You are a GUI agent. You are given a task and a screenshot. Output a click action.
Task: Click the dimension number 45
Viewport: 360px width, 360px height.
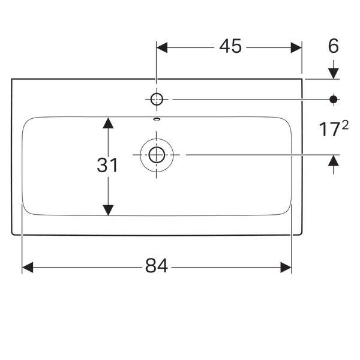coord(229,46)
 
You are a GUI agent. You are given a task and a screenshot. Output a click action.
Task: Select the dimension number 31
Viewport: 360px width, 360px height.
coord(108,165)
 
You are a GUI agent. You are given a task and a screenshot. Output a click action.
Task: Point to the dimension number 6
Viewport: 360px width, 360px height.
coord(334,46)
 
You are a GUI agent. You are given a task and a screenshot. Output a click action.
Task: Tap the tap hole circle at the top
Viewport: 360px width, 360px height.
coord(157,99)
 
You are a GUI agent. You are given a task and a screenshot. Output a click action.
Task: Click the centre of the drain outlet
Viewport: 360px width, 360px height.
coord(157,155)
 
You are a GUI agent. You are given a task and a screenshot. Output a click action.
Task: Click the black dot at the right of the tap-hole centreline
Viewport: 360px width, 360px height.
coord(334,99)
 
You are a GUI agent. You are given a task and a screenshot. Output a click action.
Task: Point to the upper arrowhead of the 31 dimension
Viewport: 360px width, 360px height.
coord(108,122)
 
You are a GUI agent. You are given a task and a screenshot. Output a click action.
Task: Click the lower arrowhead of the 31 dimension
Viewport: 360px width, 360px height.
coord(108,210)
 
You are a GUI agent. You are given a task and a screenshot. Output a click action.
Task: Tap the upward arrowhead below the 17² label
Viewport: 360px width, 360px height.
coord(334,160)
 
